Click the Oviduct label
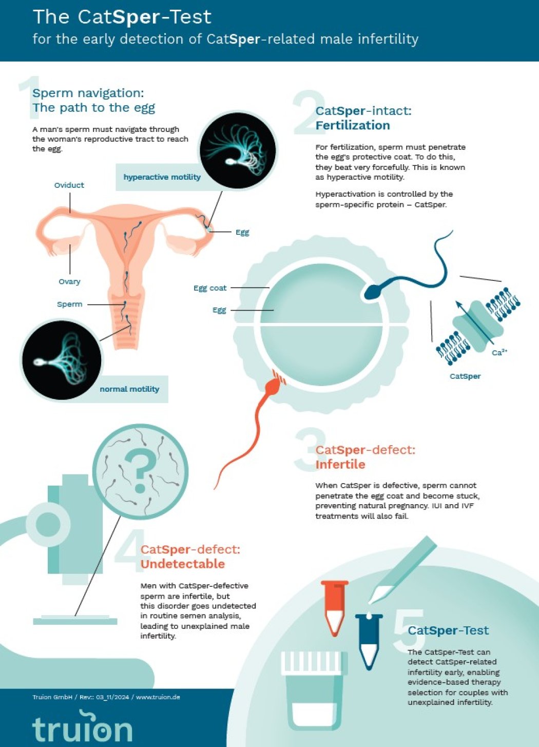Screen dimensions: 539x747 tap(69, 185)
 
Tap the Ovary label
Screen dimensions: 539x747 tap(69, 281)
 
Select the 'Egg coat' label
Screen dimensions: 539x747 tap(210, 288)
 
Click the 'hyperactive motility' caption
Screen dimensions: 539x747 tap(162, 177)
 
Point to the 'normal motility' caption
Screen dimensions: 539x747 tap(129, 389)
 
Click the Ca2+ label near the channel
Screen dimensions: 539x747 tap(499, 352)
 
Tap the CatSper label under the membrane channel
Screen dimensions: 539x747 tap(465, 376)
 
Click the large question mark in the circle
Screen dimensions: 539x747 tap(141, 470)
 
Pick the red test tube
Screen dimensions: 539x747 tap(335, 608)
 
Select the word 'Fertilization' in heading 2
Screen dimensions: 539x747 tap(353, 125)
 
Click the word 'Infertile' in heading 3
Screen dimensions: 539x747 tap(340, 464)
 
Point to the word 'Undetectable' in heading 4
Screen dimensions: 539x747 tap(182, 564)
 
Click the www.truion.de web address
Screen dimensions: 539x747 tap(158, 697)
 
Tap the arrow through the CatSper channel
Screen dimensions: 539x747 tap(475, 322)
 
